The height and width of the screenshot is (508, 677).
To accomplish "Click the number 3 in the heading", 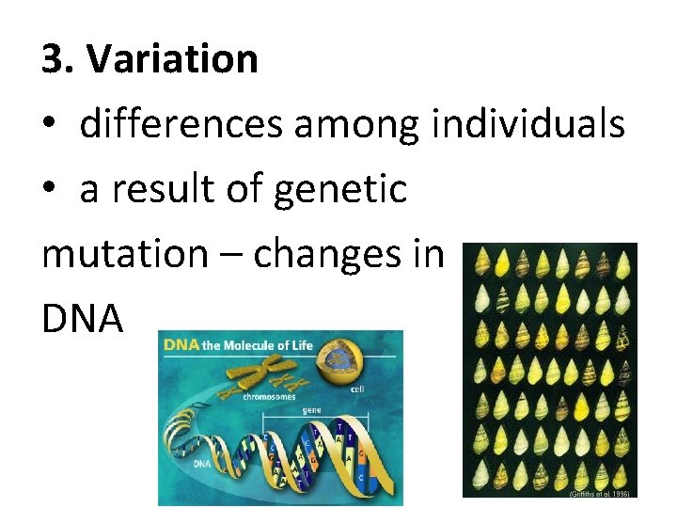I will click(x=54, y=59).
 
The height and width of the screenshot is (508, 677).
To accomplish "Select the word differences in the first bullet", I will click(x=181, y=124).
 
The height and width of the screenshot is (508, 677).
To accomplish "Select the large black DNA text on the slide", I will click(x=83, y=319).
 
